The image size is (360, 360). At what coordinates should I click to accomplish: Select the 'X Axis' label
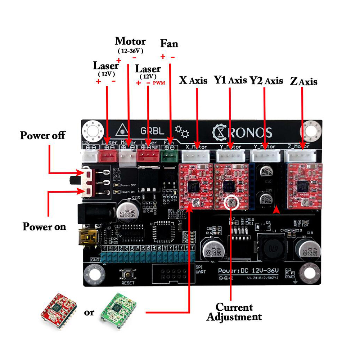(x=193, y=80)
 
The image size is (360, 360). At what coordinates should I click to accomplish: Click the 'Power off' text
(x=42, y=135)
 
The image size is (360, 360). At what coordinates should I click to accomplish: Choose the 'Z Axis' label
(x=303, y=82)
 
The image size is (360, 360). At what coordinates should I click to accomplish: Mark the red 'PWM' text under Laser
(x=159, y=83)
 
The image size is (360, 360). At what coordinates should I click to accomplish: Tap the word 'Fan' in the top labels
(x=169, y=44)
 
